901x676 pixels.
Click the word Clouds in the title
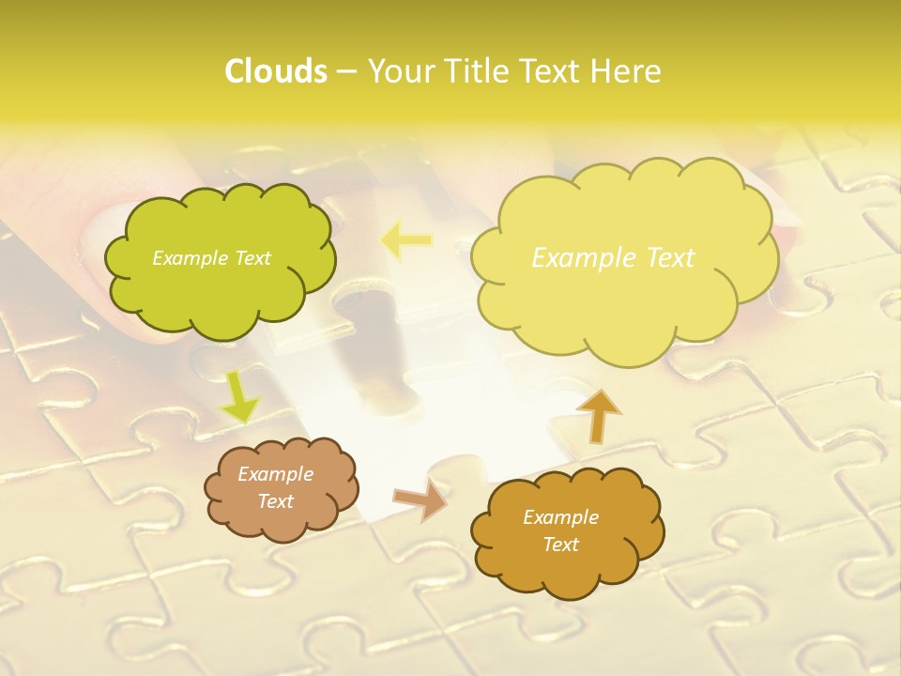point(275,71)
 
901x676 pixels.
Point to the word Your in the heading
point(397,71)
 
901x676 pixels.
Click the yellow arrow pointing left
point(405,241)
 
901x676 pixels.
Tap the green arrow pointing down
point(239,397)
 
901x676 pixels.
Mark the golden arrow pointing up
point(598,415)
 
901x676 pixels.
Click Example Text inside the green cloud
point(211,258)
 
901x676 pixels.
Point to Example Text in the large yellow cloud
point(613,257)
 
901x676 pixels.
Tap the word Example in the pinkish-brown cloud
point(275,474)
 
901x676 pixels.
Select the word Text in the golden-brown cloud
point(560,545)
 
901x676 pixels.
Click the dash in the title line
point(345,71)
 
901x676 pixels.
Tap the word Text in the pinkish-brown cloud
point(275,501)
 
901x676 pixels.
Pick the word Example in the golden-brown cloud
point(560,517)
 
